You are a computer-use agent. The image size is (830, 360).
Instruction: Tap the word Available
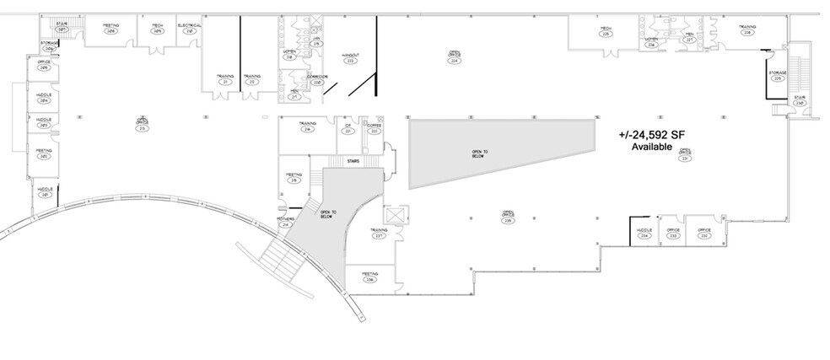point(651,147)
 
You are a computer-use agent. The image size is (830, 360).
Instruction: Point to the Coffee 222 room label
point(374,128)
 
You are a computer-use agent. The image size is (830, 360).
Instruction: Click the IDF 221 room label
point(347,128)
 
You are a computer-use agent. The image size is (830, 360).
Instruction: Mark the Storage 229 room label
point(777,76)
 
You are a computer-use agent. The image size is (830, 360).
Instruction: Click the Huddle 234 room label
point(644,234)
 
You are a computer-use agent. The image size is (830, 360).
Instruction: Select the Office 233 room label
point(672,234)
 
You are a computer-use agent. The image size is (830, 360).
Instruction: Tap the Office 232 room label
point(703,234)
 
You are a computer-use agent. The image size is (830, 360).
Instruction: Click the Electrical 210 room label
point(189,28)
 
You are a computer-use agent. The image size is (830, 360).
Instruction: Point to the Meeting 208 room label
point(110,28)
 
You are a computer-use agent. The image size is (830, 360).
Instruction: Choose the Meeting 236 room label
point(369,277)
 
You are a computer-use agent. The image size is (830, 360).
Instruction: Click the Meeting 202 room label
point(43,153)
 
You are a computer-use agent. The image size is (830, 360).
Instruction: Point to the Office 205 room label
point(43,63)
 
